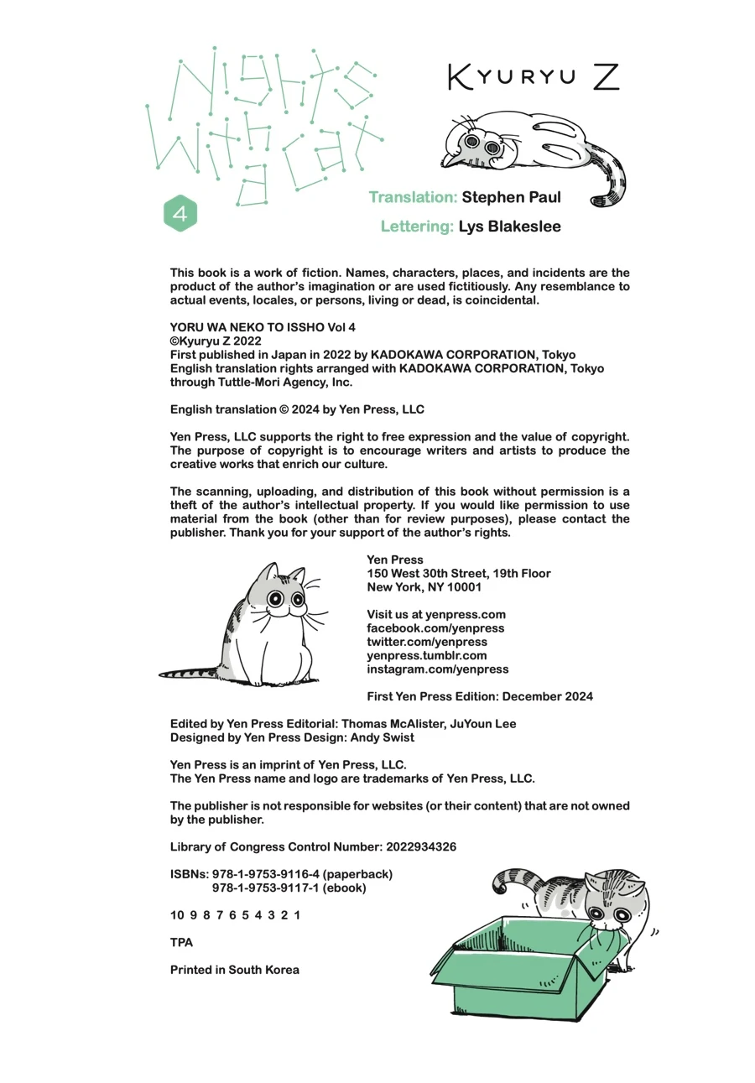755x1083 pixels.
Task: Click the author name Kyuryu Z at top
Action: click(x=534, y=77)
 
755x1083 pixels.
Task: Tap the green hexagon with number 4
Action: click(x=180, y=214)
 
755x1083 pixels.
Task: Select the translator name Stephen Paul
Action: click(x=511, y=198)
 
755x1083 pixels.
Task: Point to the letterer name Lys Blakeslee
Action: click(x=509, y=226)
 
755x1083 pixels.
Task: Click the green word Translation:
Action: click(x=413, y=198)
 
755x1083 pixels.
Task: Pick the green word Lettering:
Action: click(x=417, y=226)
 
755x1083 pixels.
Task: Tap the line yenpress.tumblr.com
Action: click(x=426, y=655)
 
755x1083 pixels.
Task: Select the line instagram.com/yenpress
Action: click(x=437, y=669)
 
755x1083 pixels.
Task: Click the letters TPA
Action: click(x=181, y=942)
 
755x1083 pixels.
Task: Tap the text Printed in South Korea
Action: click(x=234, y=970)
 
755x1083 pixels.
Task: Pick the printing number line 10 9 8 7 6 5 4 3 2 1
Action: click(x=235, y=915)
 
